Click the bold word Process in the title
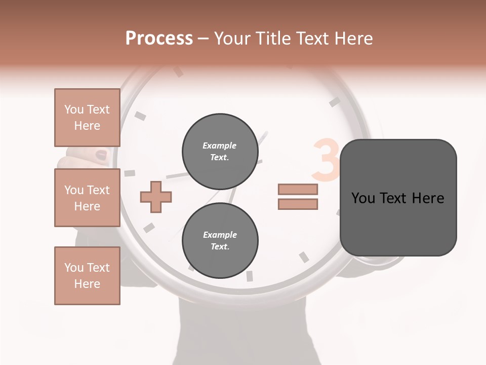click(159, 39)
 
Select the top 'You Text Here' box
click(87, 118)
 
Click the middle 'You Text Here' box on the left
click(87, 198)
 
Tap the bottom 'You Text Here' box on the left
click(87, 276)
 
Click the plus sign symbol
click(156, 197)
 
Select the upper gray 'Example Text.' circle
click(220, 152)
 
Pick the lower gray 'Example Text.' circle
click(220, 241)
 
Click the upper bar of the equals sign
click(298, 190)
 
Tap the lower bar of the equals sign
click(298, 204)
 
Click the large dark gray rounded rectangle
click(398, 198)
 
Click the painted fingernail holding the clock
click(102, 155)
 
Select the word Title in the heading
click(273, 39)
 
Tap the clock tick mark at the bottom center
click(249, 276)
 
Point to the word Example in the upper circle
click(220, 146)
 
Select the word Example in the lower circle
click(220, 235)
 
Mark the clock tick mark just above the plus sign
click(130, 173)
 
